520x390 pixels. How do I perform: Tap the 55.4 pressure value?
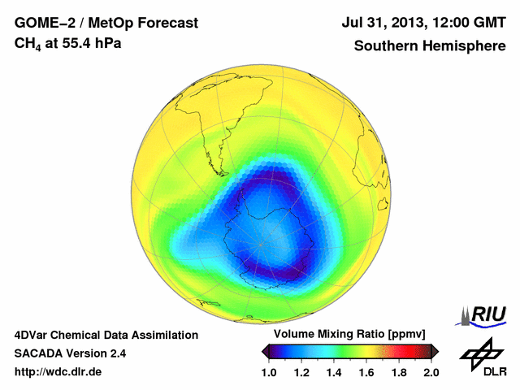(73, 43)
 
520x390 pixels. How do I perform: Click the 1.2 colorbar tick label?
(301, 373)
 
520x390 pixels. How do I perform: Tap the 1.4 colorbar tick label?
(334, 373)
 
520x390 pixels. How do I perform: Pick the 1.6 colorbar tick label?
(366, 373)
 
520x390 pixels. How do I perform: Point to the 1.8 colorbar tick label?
(399, 373)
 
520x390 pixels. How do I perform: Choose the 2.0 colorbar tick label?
(431, 373)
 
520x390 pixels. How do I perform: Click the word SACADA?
(38, 353)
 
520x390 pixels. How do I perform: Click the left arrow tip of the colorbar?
(264, 351)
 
